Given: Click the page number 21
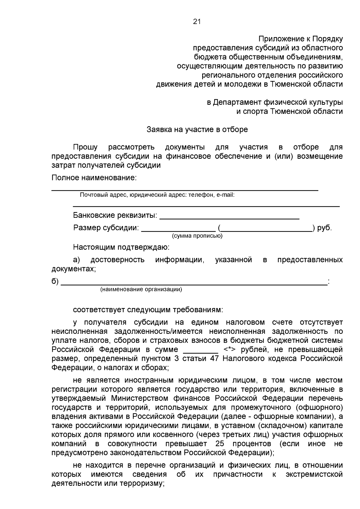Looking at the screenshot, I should pyautogui.click(x=197, y=22).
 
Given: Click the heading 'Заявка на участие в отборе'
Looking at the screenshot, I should pyautogui.click(x=197, y=130).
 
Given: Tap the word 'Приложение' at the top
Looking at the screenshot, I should pyautogui.click(x=281, y=39).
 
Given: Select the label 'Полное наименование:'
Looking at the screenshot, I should pyautogui.click(x=94, y=178).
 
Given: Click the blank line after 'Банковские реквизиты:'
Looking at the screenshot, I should pyautogui.click(x=229, y=218).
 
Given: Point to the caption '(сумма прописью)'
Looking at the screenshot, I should pyautogui.click(x=197, y=236).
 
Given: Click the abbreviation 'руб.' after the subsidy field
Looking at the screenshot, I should pyautogui.click(x=325, y=228).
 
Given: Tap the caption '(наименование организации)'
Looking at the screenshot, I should pyautogui.click(x=141, y=289).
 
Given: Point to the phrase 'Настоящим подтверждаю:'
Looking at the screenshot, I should pyautogui.click(x=121, y=247).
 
